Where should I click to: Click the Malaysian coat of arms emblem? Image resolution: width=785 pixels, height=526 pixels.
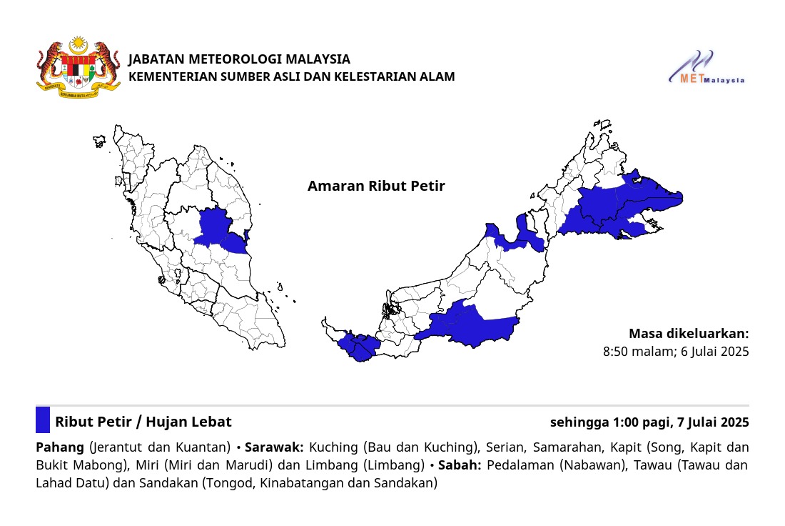78,69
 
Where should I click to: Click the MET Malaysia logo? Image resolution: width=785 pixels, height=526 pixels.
706,69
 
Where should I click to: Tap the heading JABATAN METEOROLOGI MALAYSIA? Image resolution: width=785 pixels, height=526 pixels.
239,59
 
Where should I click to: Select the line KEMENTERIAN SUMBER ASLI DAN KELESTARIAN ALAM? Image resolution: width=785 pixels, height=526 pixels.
291,76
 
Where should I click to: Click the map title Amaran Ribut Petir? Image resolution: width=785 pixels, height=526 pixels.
376,187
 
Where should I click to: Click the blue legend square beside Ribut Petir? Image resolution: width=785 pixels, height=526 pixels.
43,420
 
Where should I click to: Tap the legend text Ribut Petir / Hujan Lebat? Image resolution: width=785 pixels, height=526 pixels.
143,422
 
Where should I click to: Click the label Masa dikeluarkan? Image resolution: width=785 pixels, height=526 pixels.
689,334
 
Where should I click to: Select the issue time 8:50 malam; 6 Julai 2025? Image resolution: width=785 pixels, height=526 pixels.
676,352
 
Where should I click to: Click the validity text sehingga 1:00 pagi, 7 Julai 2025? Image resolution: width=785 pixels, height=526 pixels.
649,422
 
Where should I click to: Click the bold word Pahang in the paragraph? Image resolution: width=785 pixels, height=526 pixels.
60,448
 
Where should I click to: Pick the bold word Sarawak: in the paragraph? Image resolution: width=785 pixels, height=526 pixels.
274,448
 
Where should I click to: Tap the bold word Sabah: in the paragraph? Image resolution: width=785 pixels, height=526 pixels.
460,466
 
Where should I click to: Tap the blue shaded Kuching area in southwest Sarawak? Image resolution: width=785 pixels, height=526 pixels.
357,346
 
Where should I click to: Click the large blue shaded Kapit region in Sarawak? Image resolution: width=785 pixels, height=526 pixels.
471,325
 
